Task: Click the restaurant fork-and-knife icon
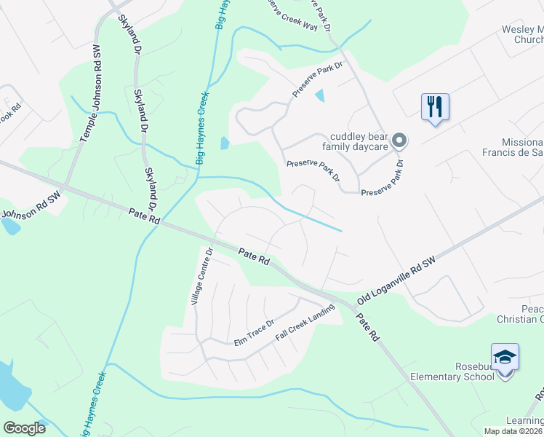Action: coord(435,107)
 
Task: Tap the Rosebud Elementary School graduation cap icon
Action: coord(505,358)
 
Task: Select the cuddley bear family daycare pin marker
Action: coord(399,141)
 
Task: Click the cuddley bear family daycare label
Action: coord(359,141)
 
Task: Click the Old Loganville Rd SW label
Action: coord(397,280)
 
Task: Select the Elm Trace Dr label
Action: coord(253,332)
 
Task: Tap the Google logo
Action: coord(24,428)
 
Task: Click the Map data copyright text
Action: coord(513,431)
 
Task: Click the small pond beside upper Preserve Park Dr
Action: coord(319,95)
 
